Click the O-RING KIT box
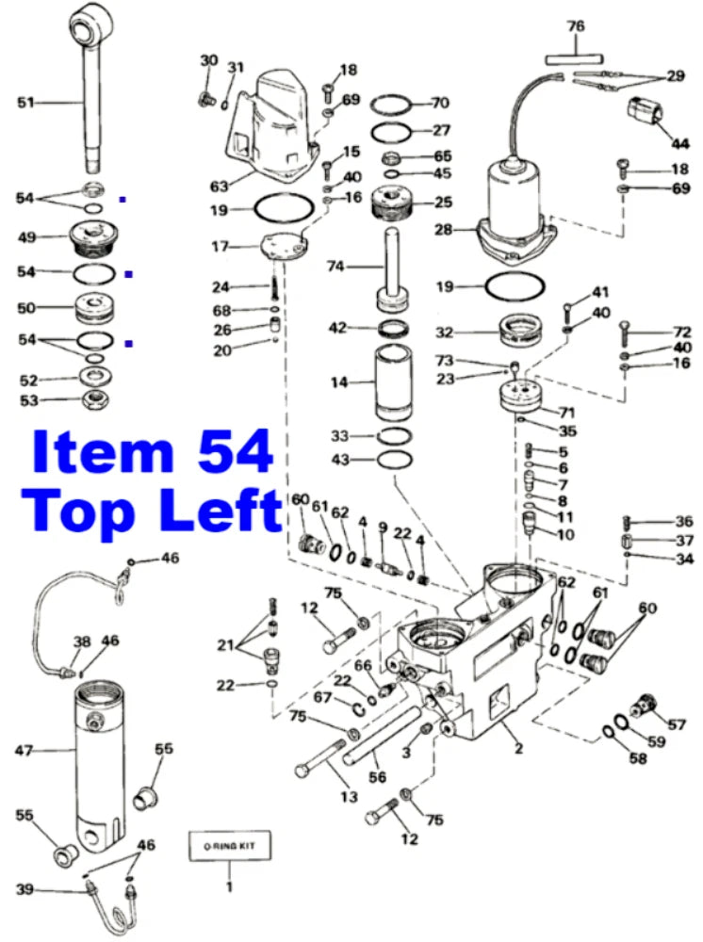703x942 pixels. pos(230,846)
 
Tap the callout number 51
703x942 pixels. pos(25,102)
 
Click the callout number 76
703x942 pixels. pos(575,25)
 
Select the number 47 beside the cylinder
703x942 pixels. pos(25,751)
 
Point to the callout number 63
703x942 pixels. pos(219,187)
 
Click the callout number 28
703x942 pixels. pos(444,229)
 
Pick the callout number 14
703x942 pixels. pos(339,382)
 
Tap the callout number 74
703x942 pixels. pos(335,266)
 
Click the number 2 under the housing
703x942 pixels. pos(518,749)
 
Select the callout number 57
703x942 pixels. pos(677,724)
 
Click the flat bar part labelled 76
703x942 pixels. pos(575,58)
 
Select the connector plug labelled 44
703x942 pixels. pos(645,113)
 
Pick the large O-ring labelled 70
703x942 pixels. pos(390,104)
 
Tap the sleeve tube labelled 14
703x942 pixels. pos(394,382)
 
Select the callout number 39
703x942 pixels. pos(25,888)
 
